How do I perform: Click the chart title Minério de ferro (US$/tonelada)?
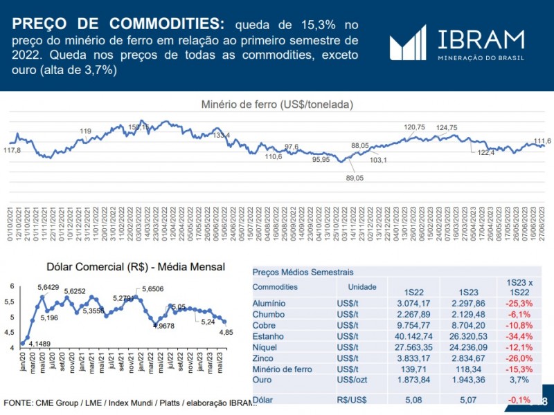click(x=277, y=104)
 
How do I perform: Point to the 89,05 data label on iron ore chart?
click(x=354, y=178)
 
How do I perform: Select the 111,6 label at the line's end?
click(x=542, y=140)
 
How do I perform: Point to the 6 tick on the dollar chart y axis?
click(x=11, y=286)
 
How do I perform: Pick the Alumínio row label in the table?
click(x=269, y=303)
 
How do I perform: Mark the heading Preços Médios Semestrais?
click(x=303, y=272)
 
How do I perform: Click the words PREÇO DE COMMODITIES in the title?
click(x=118, y=24)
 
